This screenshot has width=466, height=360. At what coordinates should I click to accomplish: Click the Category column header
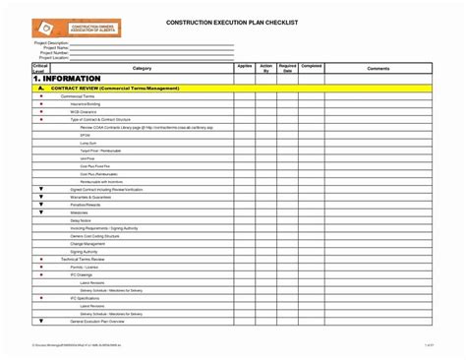pyautogui.click(x=142, y=68)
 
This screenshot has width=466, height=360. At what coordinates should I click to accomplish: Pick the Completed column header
pyautogui.click(x=311, y=66)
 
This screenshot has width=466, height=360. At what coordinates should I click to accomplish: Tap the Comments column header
pyautogui.click(x=379, y=68)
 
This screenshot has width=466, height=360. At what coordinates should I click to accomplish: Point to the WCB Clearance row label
pyautogui.click(x=86, y=112)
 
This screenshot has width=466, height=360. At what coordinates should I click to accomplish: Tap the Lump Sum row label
pyautogui.click(x=88, y=143)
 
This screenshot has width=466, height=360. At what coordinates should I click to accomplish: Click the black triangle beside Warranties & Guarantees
pyautogui.click(x=40, y=195)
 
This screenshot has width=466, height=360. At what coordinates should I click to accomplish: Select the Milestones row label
pyautogui.click(x=80, y=211)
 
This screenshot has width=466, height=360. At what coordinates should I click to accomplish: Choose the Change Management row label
pyautogui.click(x=89, y=243)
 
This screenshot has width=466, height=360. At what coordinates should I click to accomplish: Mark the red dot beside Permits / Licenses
pyautogui.click(x=40, y=267)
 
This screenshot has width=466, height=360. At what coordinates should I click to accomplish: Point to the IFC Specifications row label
pyautogui.click(x=88, y=297)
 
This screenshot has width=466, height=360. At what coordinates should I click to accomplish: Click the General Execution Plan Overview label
pyautogui.click(x=97, y=322)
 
